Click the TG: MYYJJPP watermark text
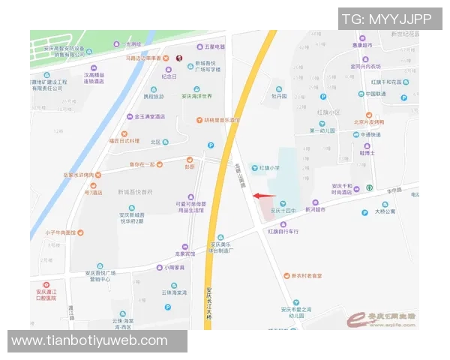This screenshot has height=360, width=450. [386, 19]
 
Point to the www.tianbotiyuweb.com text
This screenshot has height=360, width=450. [90, 340]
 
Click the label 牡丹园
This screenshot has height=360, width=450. [279, 97]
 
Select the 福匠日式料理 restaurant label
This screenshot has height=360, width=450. [124, 140]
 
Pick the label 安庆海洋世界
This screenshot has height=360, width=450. [197, 95]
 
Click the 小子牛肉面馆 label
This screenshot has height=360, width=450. [60, 232]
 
